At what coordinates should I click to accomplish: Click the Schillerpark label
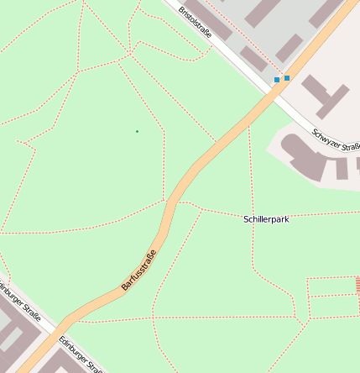point(266,218)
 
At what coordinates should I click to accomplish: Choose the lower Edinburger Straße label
point(81,355)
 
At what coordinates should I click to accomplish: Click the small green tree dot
point(137,131)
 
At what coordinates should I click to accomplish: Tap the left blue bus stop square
point(277,80)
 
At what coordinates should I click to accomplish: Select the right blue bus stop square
point(287,78)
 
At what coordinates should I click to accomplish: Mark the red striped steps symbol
point(357,284)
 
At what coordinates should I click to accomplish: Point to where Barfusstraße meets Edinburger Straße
point(60,328)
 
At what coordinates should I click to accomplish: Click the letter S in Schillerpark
point(246,218)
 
